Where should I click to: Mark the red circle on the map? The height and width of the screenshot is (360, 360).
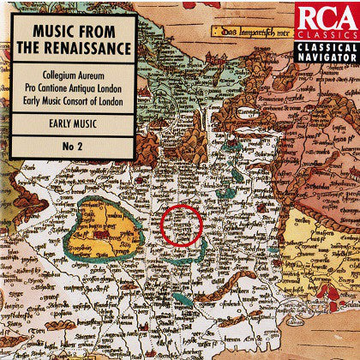click(x=182, y=225)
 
